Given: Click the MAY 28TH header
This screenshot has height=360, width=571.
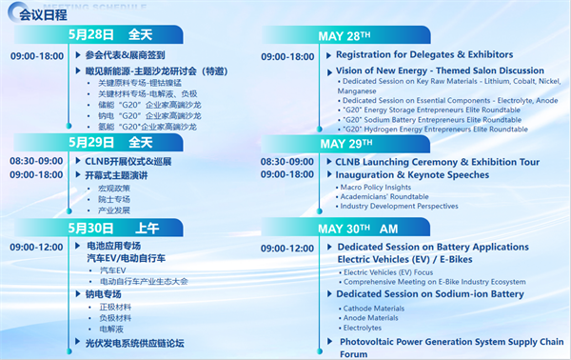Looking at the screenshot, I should pyautogui.click(x=345, y=37).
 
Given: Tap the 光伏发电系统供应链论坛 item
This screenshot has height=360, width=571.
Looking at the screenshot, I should pyautogui.click(x=134, y=343).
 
